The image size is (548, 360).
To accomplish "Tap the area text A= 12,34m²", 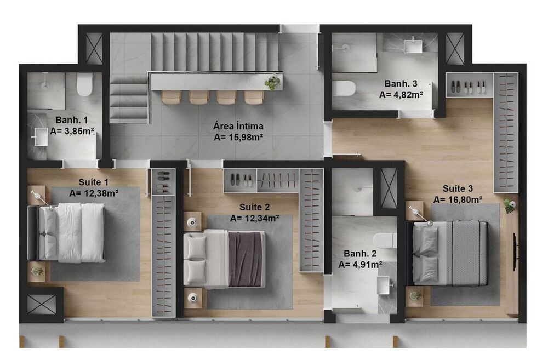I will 255,218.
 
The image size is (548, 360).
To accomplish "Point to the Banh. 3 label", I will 401,84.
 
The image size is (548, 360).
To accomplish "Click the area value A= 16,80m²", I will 458,199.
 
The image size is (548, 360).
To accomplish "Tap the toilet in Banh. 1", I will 84,85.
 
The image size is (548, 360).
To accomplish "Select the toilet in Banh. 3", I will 344,88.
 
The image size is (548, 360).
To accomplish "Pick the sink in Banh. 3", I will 413,45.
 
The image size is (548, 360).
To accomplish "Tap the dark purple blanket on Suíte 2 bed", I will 246,259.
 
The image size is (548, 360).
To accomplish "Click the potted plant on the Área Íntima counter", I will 272,83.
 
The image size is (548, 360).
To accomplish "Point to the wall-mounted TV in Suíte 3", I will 515,252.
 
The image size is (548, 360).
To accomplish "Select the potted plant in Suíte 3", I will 510,206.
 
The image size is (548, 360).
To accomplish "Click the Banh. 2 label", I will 360,254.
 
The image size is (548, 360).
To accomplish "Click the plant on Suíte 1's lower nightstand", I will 37,271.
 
